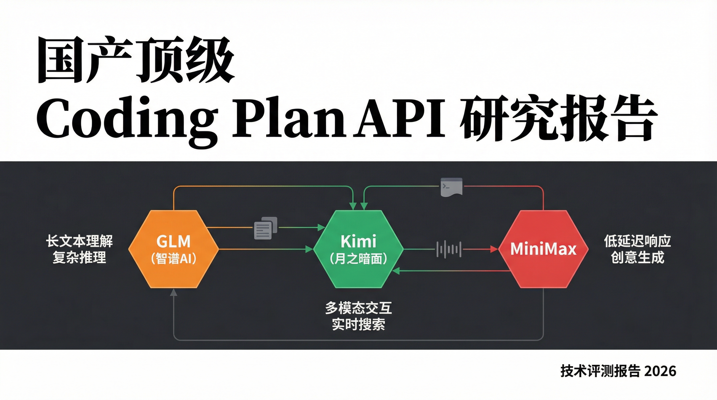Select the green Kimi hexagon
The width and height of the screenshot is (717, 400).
pyautogui.click(x=358, y=249)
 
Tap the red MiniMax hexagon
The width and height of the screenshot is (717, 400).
pyautogui.click(x=543, y=249)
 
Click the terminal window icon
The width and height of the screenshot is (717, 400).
pyautogui.click(x=452, y=187)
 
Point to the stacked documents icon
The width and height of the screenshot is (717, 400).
pyautogui.click(x=265, y=228)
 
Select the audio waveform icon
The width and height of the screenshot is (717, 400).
pyautogui.click(x=449, y=249)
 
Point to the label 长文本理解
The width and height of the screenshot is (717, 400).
pyautogui.click(x=79, y=241)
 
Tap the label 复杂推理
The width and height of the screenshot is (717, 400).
pyautogui.click(x=79, y=257)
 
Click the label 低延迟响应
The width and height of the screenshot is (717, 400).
pyautogui.click(x=637, y=241)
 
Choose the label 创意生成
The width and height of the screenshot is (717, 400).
pyautogui.click(x=637, y=257)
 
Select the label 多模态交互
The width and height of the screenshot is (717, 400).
pyautogui.click(x=358, y=308)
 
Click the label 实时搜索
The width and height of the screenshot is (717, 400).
pyautogui.click(x=358, y=324)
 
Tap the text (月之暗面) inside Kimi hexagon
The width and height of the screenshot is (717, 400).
pyautogui.click(x=358, y=259)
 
